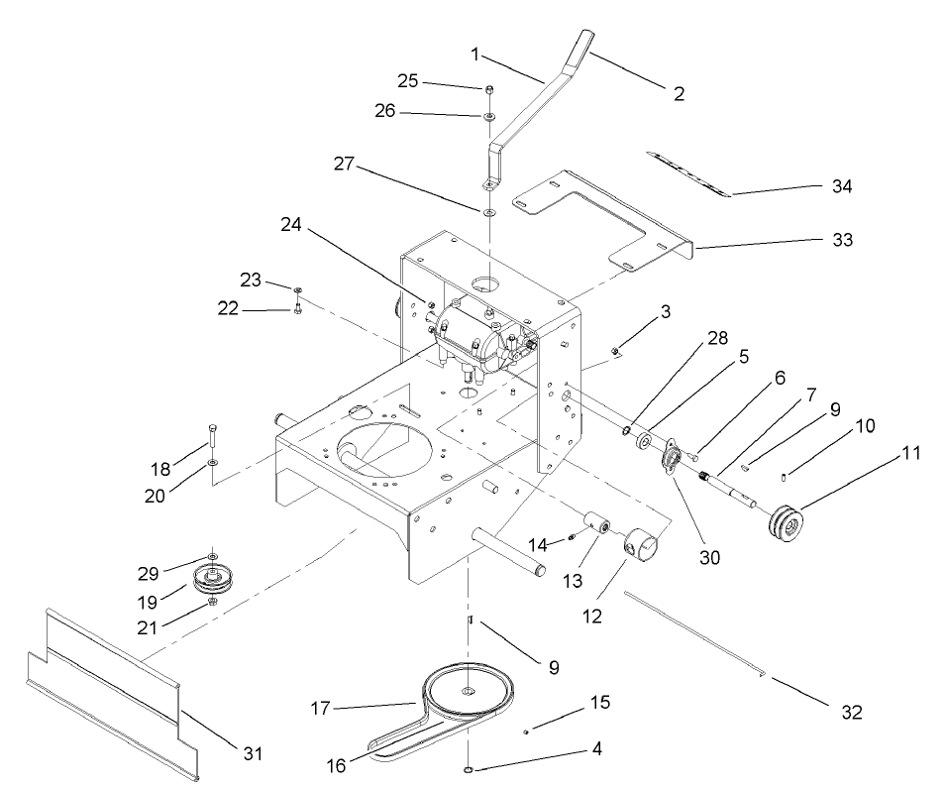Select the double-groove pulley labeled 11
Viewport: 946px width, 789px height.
[x=788, y=525]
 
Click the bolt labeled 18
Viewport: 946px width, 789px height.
[x=213, y=437]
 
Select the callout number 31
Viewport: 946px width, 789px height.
[x=253, y=753]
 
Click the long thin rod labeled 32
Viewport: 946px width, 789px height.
[x=693, y=634]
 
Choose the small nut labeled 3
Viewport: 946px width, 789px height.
[x=615, y=350]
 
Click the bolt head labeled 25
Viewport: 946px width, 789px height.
[x=490, y=90]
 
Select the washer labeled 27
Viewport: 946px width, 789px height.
[x=489, y=211]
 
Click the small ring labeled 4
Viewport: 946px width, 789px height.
[x=468, y=768]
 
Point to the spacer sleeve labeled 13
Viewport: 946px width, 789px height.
[x=596, y=521]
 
